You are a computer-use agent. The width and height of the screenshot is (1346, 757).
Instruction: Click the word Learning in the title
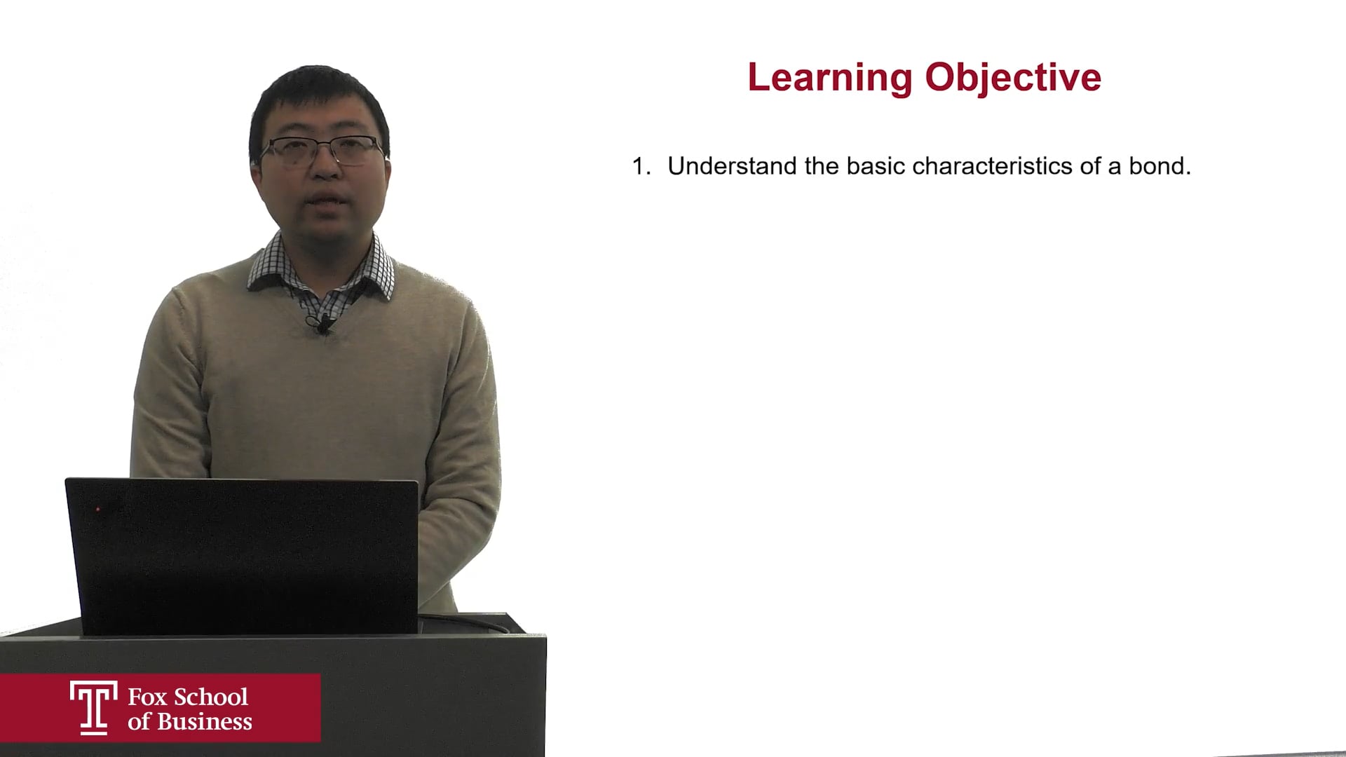(x=830, y=78)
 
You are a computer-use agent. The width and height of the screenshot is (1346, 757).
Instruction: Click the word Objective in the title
(x=1013, y=78)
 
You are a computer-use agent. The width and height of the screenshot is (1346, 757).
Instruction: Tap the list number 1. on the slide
(x=641, y=166)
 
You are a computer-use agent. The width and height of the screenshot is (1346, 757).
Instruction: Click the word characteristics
(x=993, y=166)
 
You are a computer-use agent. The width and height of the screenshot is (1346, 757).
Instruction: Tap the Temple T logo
(x=94, y=707)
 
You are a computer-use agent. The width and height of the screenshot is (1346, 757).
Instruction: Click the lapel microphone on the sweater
(x=324, y=324)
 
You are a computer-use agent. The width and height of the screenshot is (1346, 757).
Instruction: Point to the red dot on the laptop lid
(x=98, y=509)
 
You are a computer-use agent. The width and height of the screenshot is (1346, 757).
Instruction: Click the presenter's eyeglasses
(x=323, y=149)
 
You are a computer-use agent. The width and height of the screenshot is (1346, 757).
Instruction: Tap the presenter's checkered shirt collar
(x=321, y=265)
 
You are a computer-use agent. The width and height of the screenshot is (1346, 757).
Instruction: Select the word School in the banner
(x=210, y=697)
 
